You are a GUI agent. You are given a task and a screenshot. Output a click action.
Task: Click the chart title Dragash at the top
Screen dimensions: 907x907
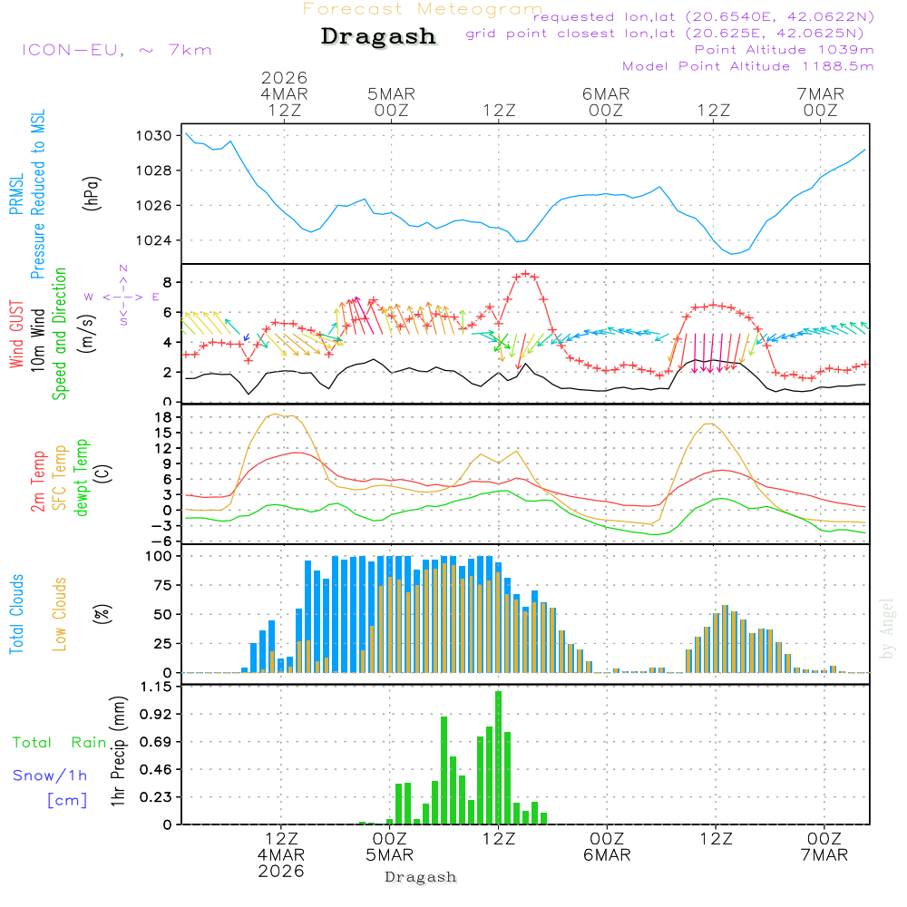point(378,37)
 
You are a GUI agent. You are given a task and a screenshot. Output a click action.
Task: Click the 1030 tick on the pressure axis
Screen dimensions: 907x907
point(154,136)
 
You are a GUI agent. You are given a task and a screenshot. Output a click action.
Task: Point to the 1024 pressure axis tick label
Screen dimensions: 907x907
point(154,240)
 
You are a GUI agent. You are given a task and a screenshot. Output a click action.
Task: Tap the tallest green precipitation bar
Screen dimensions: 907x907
point(498,757)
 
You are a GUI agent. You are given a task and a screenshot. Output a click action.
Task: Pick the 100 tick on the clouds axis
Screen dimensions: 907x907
point(159,556)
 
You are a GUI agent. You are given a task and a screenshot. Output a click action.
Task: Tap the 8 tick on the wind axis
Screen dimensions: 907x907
point(167,282)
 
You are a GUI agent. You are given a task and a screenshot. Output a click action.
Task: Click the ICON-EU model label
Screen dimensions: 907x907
point(116,50)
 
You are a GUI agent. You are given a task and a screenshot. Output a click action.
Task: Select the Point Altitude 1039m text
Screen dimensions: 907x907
point(784,50)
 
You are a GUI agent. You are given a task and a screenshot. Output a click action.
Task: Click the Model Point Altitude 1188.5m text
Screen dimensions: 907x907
point(747,66)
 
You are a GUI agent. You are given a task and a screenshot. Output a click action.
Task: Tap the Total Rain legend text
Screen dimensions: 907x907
point(59,743)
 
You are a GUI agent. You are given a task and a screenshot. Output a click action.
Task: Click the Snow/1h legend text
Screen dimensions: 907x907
point(50,775)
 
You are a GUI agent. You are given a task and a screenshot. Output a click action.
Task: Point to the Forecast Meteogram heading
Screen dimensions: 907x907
point(423,9)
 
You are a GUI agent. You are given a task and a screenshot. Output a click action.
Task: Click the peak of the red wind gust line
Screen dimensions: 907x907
point(524,273)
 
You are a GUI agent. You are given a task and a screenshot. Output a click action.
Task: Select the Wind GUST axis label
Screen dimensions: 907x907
point(16,336)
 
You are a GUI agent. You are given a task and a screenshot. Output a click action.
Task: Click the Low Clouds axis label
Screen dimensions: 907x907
point(60,613)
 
